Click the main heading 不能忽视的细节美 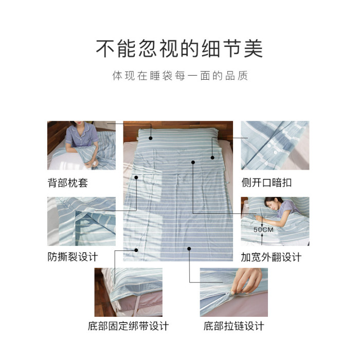tap(179, 48)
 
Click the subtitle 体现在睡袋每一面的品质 tap(180, 76)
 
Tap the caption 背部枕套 tap(68, 183)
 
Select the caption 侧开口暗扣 tap(266, 183)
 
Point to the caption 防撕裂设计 tap(73, 257)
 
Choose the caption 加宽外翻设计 tap(271, 257)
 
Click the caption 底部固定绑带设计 tap(129, 326)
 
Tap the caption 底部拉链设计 tap(233, 326)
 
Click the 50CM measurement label tap(263, 229)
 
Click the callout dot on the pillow tap(151, 138)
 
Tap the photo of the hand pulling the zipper tap(233, 292)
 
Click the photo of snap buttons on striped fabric tap(275, 146)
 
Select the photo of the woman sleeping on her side tap(275, 221)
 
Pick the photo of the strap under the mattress tap(129, 292)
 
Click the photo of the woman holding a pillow tap(81, 146)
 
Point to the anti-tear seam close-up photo tap(81, 221)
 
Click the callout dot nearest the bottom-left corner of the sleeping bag tap(136, 250)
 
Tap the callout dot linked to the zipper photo tap(189, 248)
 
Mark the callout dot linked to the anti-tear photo tap(136, 177)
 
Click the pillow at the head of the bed tap(177, 138)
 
